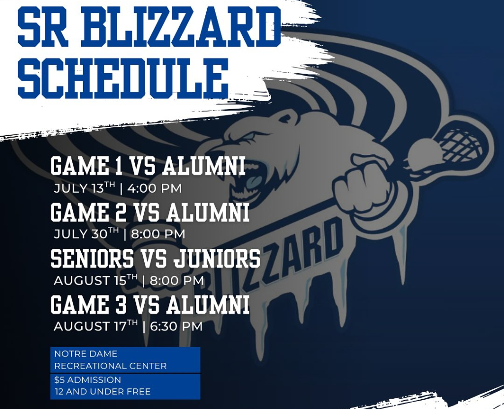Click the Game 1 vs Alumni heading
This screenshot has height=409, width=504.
[x=148, y=167]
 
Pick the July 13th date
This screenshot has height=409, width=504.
[x=84, y=188]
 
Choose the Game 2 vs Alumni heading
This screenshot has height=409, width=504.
[x=150, y=213]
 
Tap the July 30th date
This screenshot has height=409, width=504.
[x=86, y=234]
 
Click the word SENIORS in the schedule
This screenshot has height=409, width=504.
[x=92, y=259]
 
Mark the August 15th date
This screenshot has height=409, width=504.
[x=95, y=280]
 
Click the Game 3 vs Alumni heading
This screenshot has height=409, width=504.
[x=150, y=305]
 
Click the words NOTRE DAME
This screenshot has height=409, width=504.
[x=86, y=354]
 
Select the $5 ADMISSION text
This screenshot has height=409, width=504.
[x=88, y=380]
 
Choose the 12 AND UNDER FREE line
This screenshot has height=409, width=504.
[x=102, y=392]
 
